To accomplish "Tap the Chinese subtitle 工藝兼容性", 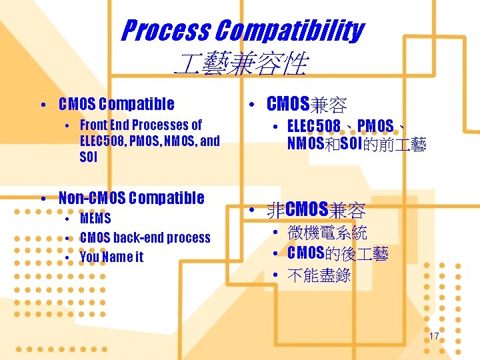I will pyautogui.click(x=240, y=65).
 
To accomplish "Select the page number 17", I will pyautogui.click(x=433, y=336).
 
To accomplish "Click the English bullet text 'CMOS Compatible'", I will pyautogui.click(x=116, y=104).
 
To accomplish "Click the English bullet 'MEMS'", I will pyautogui.click(x=95, y=218).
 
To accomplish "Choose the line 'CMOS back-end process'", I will pyautogui.click(x=145, y=237).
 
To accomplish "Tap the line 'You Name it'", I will pyautogui.click(x=111, y=257).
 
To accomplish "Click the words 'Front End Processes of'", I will pyautogui.click(x=141, y=125).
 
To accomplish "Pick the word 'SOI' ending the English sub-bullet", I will pyautogui.click(x=88, y=157).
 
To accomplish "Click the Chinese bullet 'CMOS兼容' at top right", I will pyautogui.click(x=306, y=104).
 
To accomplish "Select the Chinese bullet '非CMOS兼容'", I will pyautogui.click(x=316, y=211).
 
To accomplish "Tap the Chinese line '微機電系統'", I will pyautogui.click(x=327, y=233).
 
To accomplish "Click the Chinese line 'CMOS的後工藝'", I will pyautogui.click(x=337, y=253).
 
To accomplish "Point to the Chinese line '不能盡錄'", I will pyautogui.click(x=319, y=275).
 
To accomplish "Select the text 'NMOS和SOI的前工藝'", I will pyautogui.click(x=357, y=144).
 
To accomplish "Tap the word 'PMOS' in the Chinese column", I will pyautogui.click(x=375, y=126).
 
